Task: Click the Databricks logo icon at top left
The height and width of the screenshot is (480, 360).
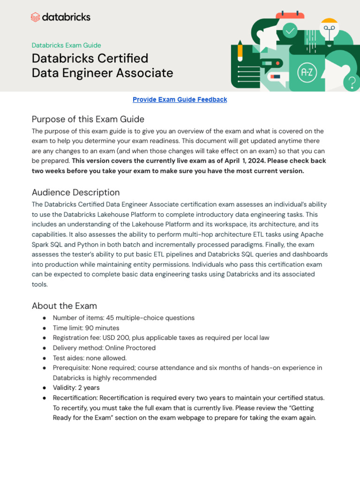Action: click(x=35, y=17)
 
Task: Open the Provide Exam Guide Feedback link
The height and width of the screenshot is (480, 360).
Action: click(x=180, y=99)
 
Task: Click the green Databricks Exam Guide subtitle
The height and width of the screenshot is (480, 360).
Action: click(x=66, y=45)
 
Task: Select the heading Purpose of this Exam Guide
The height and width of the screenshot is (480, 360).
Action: click(x=88, y=119)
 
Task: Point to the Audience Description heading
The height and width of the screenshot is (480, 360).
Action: click(x=75, y=192)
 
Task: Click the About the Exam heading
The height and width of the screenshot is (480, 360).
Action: click(x=64, y=306)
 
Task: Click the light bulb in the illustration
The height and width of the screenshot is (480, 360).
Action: click(x=329, y=29)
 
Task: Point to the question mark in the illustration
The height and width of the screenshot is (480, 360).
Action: click(x=351, y=82)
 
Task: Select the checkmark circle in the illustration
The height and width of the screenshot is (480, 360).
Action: click(x=290, y=31)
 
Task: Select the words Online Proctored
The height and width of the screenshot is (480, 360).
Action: click(x=130, y=348)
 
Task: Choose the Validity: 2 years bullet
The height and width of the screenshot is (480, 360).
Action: click(x=76, y=388)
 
